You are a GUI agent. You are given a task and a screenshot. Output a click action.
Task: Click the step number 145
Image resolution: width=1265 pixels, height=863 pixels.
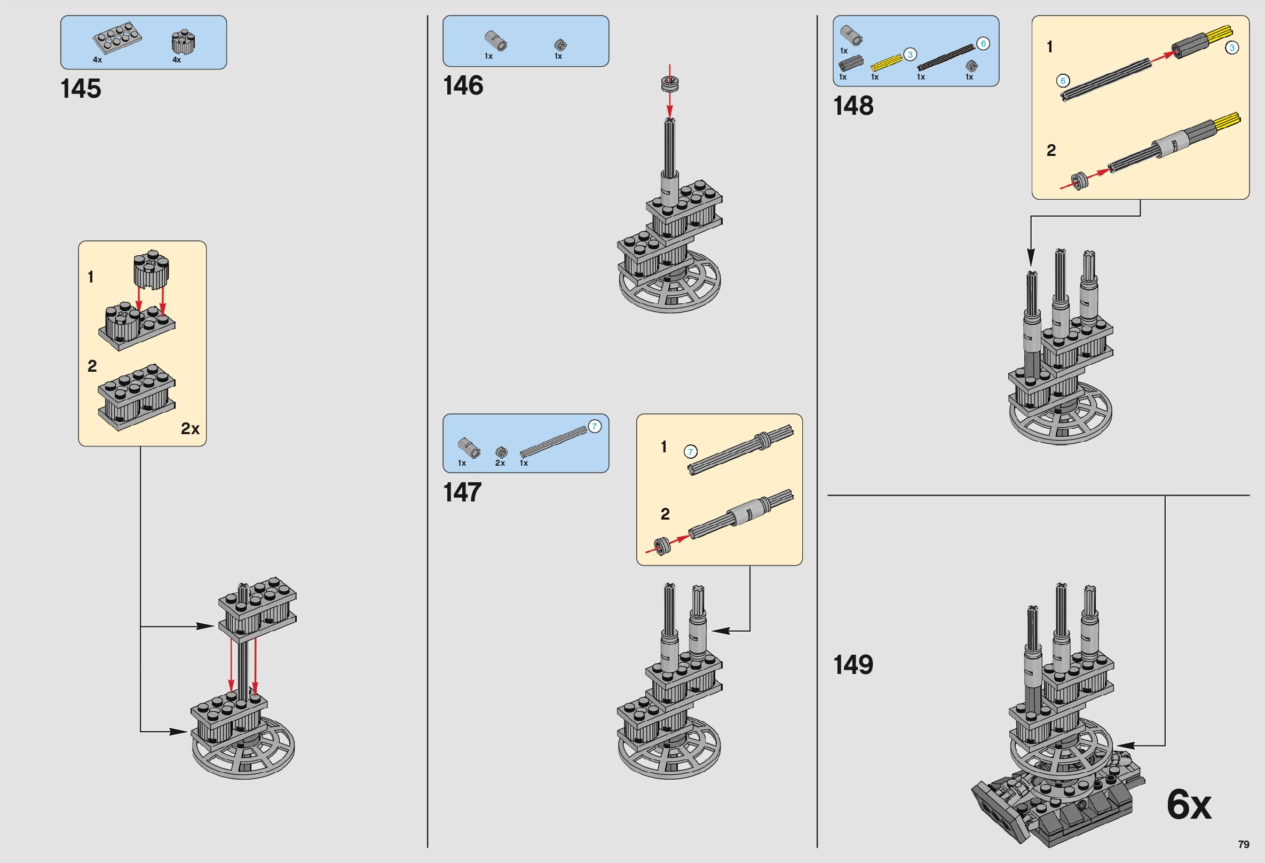coord(81,89)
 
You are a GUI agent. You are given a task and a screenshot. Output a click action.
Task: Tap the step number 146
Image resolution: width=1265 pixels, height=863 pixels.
coord(463,86)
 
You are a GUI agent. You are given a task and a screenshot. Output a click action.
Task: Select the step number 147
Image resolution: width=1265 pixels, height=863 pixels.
coord(463,492)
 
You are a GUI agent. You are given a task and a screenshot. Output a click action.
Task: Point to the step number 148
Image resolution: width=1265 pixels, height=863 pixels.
coord(853,106)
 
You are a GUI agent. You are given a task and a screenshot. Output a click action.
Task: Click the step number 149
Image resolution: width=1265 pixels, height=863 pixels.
coord(853,664)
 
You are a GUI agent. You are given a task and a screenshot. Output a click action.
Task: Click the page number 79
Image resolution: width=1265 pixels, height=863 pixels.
coord(1243,844)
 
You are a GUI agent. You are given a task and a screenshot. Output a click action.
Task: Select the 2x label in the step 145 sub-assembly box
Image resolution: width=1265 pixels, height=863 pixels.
coord(190,429)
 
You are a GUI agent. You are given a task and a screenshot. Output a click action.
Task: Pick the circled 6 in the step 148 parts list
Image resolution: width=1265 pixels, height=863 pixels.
coord(983,44)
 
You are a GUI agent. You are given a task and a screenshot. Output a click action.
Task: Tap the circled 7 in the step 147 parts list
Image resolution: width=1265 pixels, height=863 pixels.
coord(595,427)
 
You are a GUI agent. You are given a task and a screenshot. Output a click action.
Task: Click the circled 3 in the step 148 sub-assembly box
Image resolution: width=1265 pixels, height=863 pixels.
coord(1231,48)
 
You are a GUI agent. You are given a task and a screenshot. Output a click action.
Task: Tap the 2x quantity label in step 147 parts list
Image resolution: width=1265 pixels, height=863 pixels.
coord(500,463)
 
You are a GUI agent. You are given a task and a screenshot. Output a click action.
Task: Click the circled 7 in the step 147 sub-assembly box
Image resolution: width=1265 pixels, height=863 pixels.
coord(690,451)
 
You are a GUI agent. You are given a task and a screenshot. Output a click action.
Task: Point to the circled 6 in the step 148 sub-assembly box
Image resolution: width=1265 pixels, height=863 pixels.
coord(1062,81)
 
